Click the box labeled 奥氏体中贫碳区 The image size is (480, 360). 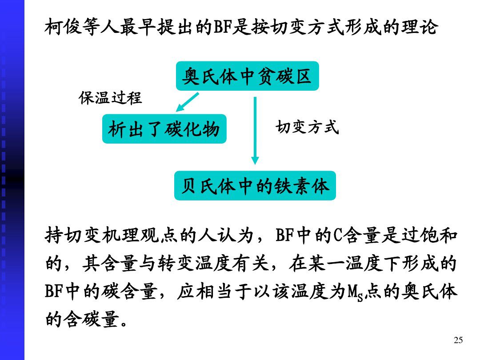pyautogui.click(x=247, y=76)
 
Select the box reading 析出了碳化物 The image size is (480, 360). pyautogui.click(x=164, y=129)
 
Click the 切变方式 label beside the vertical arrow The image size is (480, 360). pyautogui.click(x=307, y=127)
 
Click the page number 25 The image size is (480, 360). pyautogui.click(x=458, y=340)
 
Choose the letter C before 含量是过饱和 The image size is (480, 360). pyautogui.click(x=336, y=236)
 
